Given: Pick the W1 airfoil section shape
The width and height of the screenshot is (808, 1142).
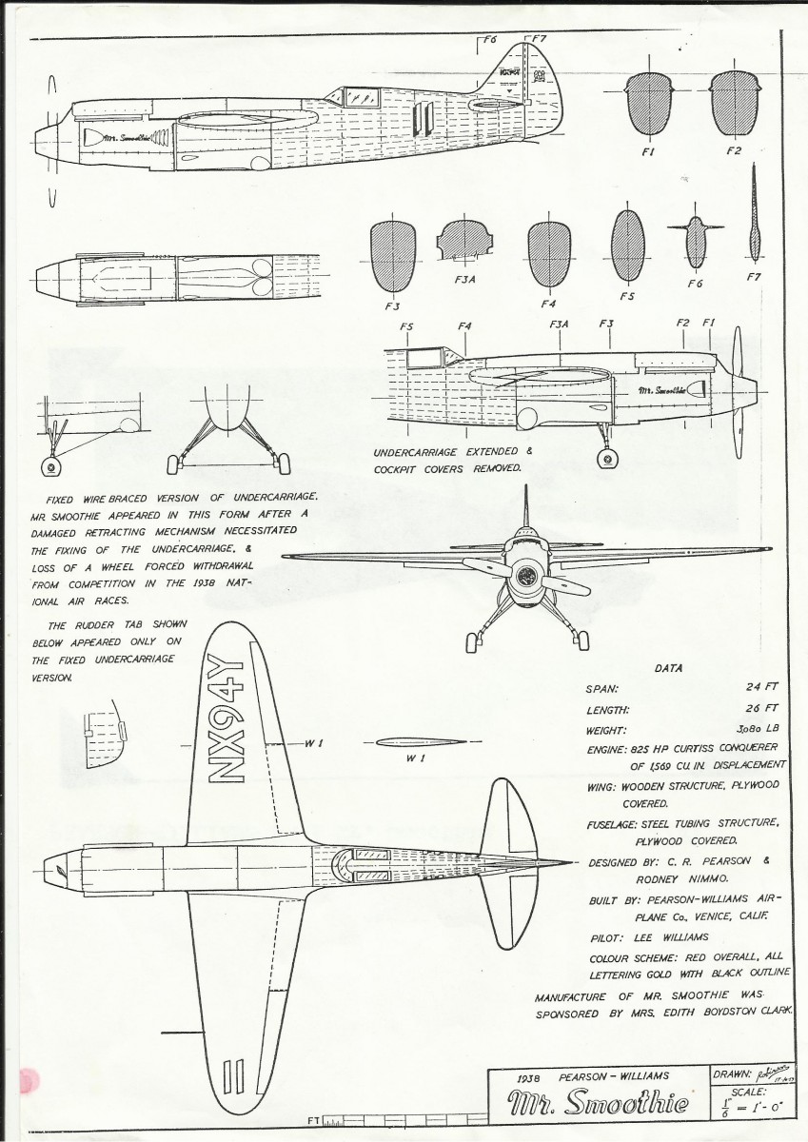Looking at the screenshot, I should coord(419,742).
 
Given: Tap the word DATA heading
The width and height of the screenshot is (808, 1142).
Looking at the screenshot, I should coord(670,668).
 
